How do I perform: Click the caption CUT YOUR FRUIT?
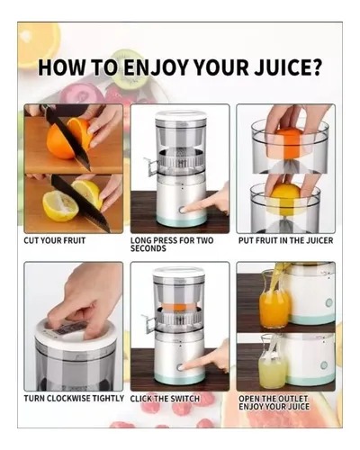click(x=55, y=240)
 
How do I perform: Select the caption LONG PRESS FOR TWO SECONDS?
click(x=172, y=245)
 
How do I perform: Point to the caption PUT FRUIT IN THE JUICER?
click(x=285, y=240)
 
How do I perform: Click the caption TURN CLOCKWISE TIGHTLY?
click(x=74, y=399)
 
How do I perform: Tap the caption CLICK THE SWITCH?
click(x=165, y=399)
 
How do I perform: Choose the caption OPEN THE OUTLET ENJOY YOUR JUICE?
click(x=274, y=402)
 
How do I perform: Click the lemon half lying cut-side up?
click(x=60, y=205)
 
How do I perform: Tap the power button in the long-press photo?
click(x=182, y=210)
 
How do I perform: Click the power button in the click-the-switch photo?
click(x=180, y=367)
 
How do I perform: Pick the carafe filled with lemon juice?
click(x=273, y=362)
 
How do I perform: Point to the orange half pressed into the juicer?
click(x=290, y=143)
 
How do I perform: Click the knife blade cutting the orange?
click(x=67, y=139)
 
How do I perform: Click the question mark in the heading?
click(x=315, y=67)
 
